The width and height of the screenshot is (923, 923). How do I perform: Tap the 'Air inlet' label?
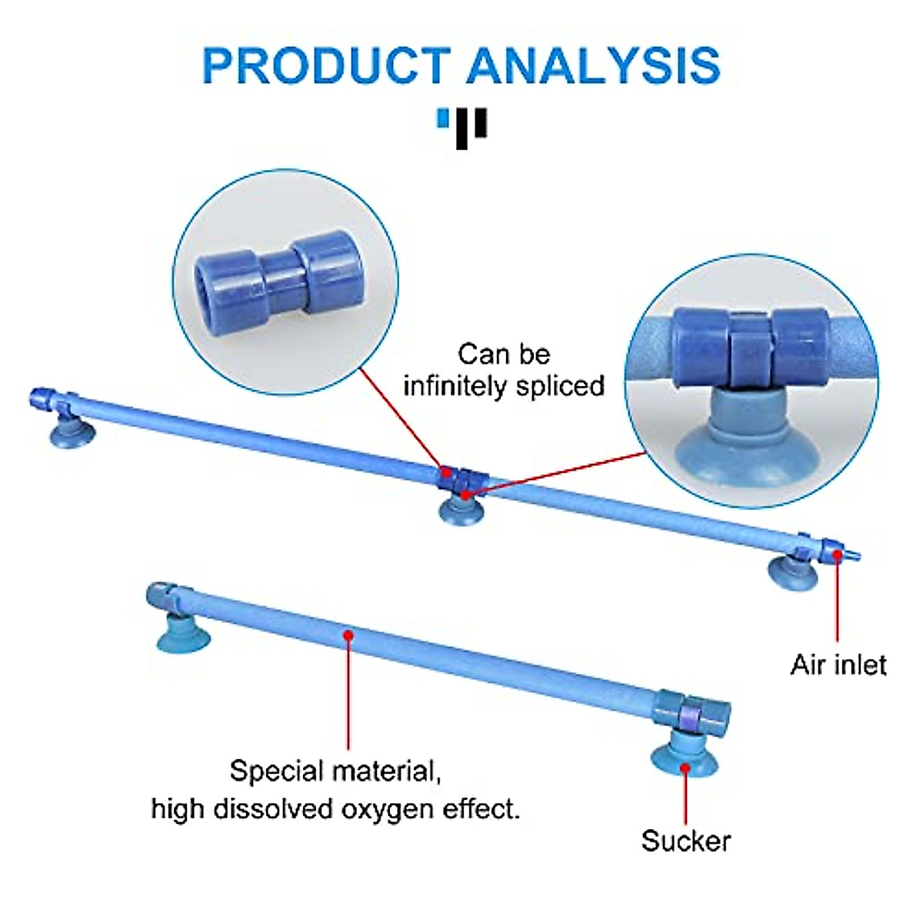coord(838,665)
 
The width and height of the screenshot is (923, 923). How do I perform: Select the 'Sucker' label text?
coord(685,841)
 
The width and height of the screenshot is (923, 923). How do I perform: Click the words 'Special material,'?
coord(335,770)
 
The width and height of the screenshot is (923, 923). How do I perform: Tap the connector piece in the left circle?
coord(278,282)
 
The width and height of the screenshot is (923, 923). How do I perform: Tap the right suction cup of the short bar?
coord(684,757)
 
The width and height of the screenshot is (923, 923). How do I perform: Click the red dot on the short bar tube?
coord(348,635)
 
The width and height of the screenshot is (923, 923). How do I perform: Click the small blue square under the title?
coord(442,119)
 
